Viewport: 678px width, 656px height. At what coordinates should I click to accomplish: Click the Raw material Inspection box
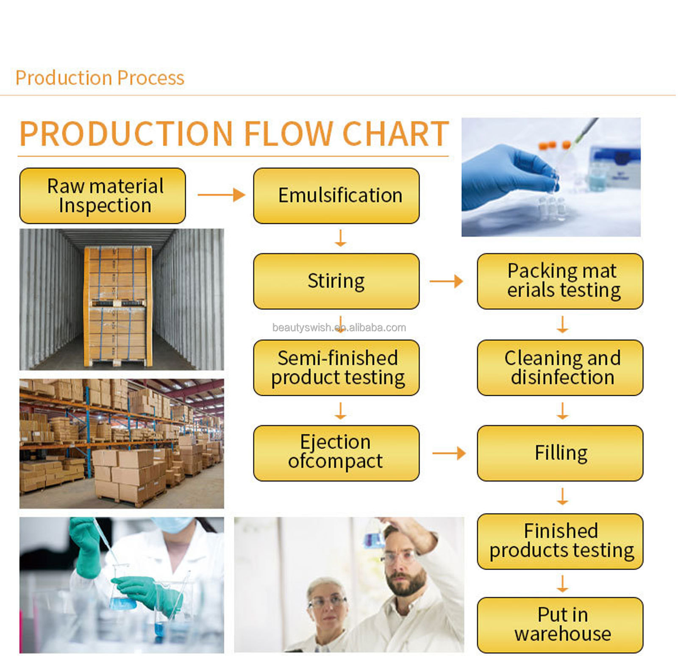click(x=103, y=196)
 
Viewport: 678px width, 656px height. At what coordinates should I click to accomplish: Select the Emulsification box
click(x=336, y=196)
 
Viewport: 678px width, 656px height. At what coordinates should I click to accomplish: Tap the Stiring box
click(x=336, y=281)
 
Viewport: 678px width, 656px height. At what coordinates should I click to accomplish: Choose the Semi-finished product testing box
click(x=336, y=367)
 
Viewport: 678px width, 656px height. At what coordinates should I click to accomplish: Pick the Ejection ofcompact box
click(x=336, y=453)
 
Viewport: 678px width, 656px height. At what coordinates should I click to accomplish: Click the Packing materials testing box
click(x=560, y=281)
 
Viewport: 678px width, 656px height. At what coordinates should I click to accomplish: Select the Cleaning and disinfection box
click(x=560, y=367)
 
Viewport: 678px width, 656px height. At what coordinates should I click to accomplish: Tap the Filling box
click(x=560, y=453)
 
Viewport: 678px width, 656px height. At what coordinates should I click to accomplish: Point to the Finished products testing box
click(x=560, y=541)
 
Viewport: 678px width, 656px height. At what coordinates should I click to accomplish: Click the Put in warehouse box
click(x=560, y=625)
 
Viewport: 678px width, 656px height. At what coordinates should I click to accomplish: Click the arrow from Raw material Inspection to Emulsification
click(x=221, y=195)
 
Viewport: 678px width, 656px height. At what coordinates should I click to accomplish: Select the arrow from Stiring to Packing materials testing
click(x=446, y=281)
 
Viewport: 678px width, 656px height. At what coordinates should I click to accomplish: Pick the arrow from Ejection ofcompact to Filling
click(x=449, y=453)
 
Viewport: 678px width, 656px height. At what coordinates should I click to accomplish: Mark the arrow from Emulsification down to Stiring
click(x=340, y=238)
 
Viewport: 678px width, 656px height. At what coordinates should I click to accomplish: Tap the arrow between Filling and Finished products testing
click(x=562, y=497)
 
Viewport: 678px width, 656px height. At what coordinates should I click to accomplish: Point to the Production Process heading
click(x=100, y=78)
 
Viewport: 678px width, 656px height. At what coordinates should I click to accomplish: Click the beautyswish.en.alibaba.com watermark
click(x=339, y=327)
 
